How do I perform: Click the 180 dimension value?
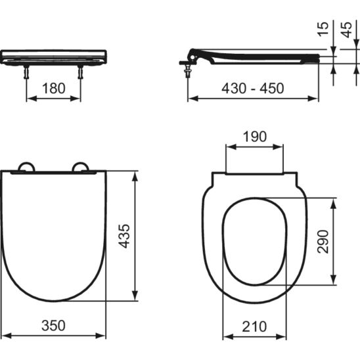[54, 89]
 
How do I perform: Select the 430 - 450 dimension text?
[253, 89]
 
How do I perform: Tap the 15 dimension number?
[323, 29]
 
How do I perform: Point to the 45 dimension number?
[346, 30]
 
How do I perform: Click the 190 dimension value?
[255, 137]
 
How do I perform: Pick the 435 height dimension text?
[125, 236]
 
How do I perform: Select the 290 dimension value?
[323, 242]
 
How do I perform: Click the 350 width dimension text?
[53, 326]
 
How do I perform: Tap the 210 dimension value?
[254, 326]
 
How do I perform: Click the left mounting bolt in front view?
[26, 72]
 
